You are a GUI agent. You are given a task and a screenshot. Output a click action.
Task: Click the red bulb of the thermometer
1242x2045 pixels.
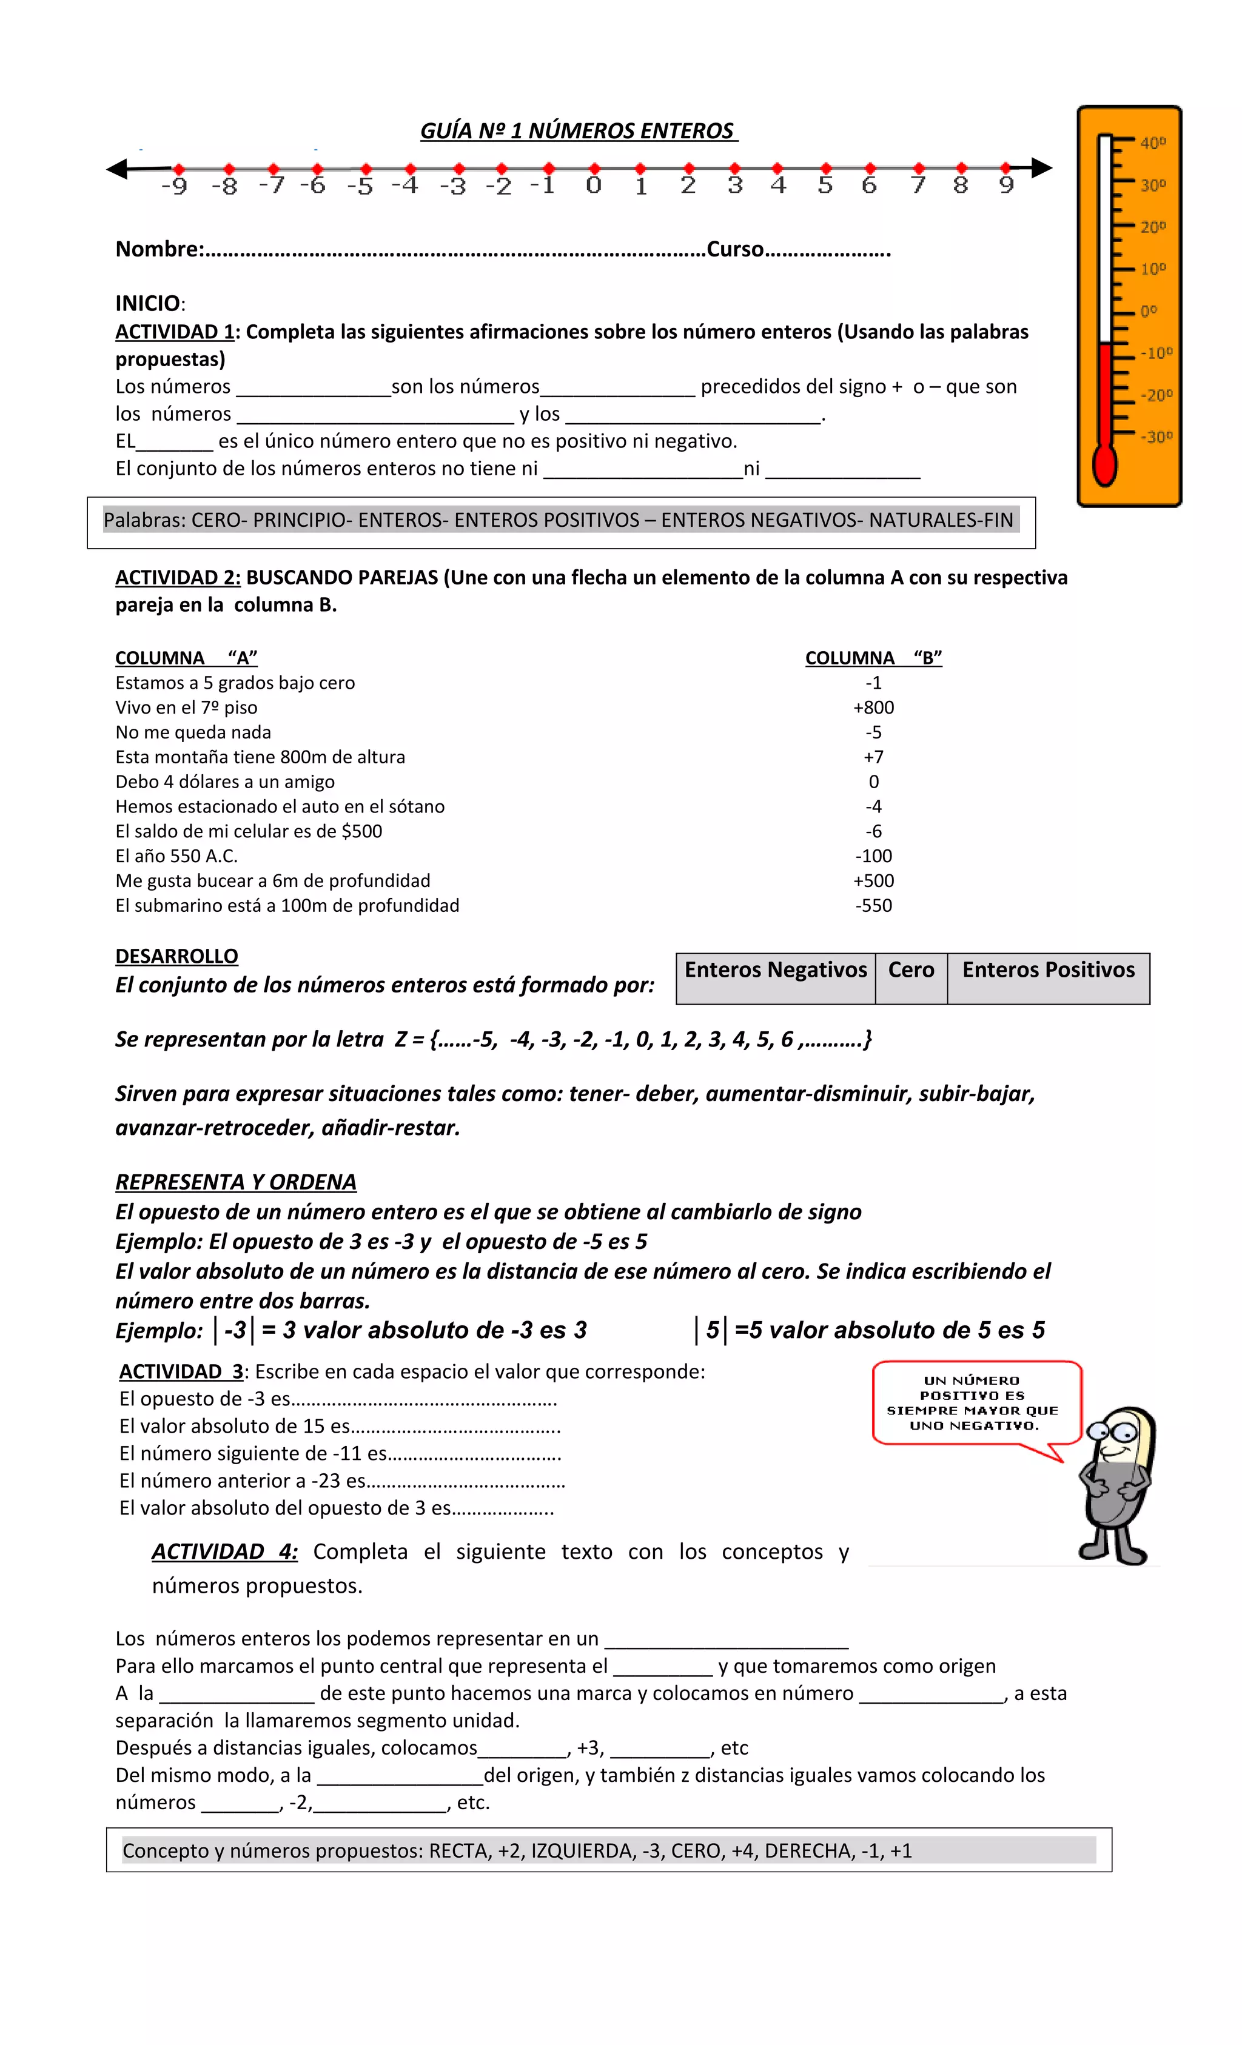point(1104,466)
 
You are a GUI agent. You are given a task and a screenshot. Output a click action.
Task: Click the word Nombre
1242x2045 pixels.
point(158,249)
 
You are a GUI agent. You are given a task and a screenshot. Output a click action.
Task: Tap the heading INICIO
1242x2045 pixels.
point(148,303)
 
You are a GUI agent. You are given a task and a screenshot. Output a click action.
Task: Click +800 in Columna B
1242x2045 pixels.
point(873,707)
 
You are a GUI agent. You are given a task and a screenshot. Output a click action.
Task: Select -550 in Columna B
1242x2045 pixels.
point(873,905)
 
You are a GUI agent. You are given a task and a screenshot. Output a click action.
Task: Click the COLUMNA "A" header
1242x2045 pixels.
point(186,658)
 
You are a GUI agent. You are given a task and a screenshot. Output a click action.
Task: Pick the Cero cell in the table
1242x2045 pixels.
point(911,970)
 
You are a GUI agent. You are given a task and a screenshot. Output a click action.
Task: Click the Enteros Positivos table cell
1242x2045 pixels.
point(1048,970)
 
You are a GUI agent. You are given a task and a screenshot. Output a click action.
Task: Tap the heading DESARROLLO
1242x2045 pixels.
point(176,956)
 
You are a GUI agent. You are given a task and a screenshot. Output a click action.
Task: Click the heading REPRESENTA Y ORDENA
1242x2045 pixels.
point(236,1182)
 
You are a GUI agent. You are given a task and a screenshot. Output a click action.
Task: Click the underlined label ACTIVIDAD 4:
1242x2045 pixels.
point(224,1552)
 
